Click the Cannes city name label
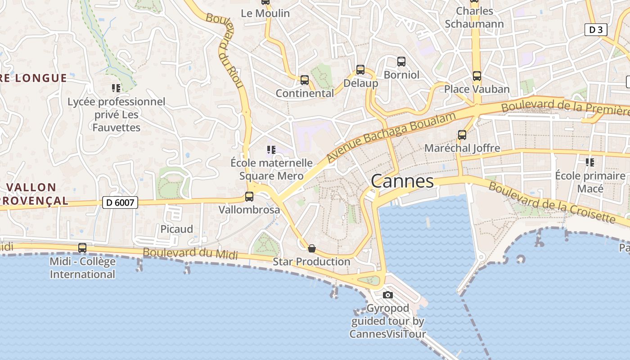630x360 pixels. click(402, 181)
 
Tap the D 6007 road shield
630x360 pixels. click(120, 202)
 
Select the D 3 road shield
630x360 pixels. click(596, 30)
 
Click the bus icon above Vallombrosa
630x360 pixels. click(249, 197)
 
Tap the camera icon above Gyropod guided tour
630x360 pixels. click(387, 295)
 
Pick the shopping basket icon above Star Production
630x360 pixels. click(311, 248)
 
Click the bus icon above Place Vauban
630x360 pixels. click(477, 76)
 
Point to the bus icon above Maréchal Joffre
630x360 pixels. click(462, 135)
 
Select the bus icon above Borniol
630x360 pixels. click(401, 62)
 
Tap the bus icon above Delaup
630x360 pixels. click(360, 70)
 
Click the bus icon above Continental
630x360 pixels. click(305, 80)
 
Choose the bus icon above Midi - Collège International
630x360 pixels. click(82, 248)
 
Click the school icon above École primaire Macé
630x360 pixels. click(589, 162)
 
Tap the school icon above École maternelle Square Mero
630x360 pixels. click(271, 149)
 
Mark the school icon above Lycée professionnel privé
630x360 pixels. click(116, 88)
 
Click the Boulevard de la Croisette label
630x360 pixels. click(551, 202)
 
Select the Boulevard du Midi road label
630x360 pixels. click(190, 253)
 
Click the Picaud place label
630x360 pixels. click(177, 229)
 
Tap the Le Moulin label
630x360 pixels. click(265, 13)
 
